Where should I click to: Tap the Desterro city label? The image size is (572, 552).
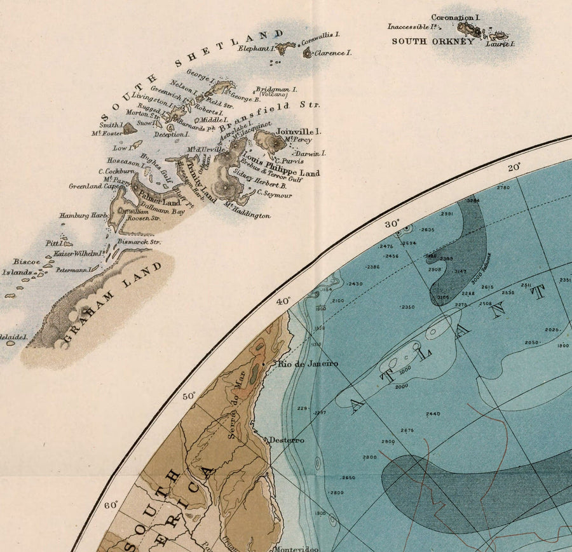tap(286, 440)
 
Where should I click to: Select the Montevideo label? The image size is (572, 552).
tap(296, 549)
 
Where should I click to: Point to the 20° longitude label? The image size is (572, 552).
tap(514, 167)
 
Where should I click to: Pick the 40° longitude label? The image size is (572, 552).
tap(283, 300)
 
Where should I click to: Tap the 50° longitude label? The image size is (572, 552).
tap(189, 396)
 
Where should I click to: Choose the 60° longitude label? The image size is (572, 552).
tap(111, 506)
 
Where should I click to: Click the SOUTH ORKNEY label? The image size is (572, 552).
tap(432, 41)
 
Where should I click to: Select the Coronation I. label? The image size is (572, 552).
tap(455, 18)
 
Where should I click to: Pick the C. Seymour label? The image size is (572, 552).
tap(274, 194)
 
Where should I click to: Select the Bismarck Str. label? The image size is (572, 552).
tap(139, 242)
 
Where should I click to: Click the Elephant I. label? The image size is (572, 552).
tap(255, 48)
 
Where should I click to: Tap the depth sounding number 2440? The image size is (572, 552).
tap(433, 414)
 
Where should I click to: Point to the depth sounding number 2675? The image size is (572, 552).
tap(407, 431)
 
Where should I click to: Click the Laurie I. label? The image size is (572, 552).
tap(500, 44)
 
